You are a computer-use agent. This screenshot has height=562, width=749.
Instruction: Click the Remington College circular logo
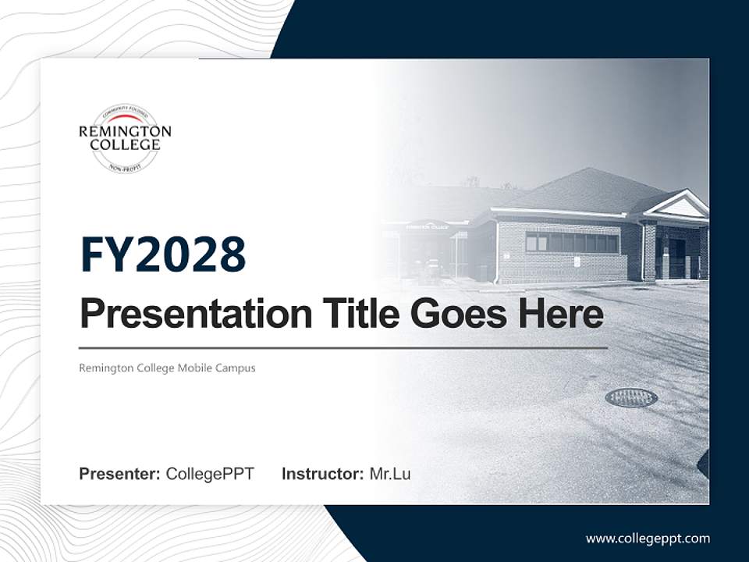[125, 138]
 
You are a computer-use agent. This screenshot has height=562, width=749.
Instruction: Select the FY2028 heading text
[162, 254]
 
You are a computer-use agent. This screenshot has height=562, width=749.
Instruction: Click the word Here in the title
[560, 314]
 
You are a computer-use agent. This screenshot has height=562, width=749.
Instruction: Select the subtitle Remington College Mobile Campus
[167, 368]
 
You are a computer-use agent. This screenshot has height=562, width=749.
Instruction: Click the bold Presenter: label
[119, 474]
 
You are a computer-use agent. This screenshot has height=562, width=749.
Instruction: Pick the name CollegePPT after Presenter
[210, 474]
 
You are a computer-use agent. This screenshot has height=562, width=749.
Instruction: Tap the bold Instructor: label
[322, 474]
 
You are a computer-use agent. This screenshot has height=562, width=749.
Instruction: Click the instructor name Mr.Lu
[390, 474]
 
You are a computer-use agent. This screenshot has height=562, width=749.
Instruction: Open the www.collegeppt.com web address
[648, 539]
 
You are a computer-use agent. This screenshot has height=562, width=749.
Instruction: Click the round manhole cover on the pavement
[630, 397]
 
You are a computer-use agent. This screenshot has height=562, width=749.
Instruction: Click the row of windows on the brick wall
[572, 243]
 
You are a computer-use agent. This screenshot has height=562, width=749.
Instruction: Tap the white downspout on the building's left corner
[496, 251]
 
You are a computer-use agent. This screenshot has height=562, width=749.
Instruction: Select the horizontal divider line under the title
[343, 348]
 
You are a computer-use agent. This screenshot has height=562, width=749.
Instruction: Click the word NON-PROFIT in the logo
[125, 168]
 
